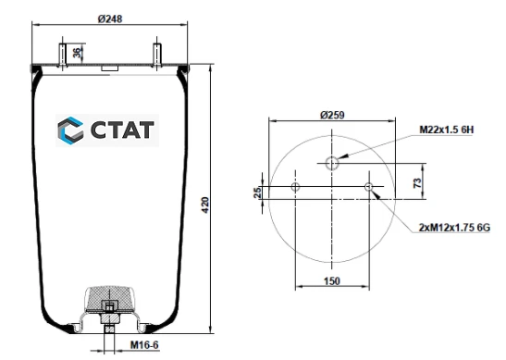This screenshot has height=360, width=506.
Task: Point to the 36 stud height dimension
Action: pos(77,53)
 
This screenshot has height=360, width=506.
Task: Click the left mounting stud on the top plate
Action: pos(63,54)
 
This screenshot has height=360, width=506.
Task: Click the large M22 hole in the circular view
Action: pos(332,164)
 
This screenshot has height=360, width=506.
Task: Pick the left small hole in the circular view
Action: pos(295,188)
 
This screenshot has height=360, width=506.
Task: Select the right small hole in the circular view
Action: pos(369,188)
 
